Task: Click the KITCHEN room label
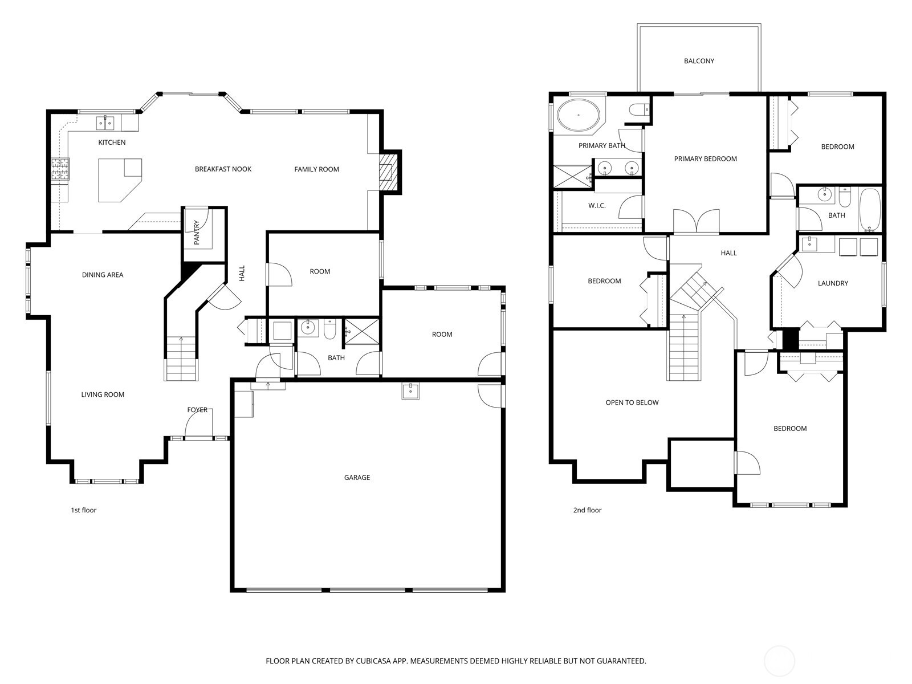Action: tap(112, 142)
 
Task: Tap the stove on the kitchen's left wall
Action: tap(60, 169)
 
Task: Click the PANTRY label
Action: tap(197, 233)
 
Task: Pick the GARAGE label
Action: tap(357, 478)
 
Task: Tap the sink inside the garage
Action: tap(410, 391)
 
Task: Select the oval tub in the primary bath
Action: tap(578, 115)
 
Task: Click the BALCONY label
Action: tap(699, 61)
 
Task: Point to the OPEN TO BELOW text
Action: tap(632, 402)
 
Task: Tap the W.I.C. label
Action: tap(597, 206)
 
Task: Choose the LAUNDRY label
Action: tap(833, 283)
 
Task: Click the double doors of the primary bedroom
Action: tap(696, 221)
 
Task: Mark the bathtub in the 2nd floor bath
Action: tap(869, 209)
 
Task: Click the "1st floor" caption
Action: tap(84, 510)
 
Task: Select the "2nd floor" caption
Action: tap(587, 510)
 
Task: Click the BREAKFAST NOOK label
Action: tap(223, 169)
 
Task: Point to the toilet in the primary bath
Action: tap(637, 110)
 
